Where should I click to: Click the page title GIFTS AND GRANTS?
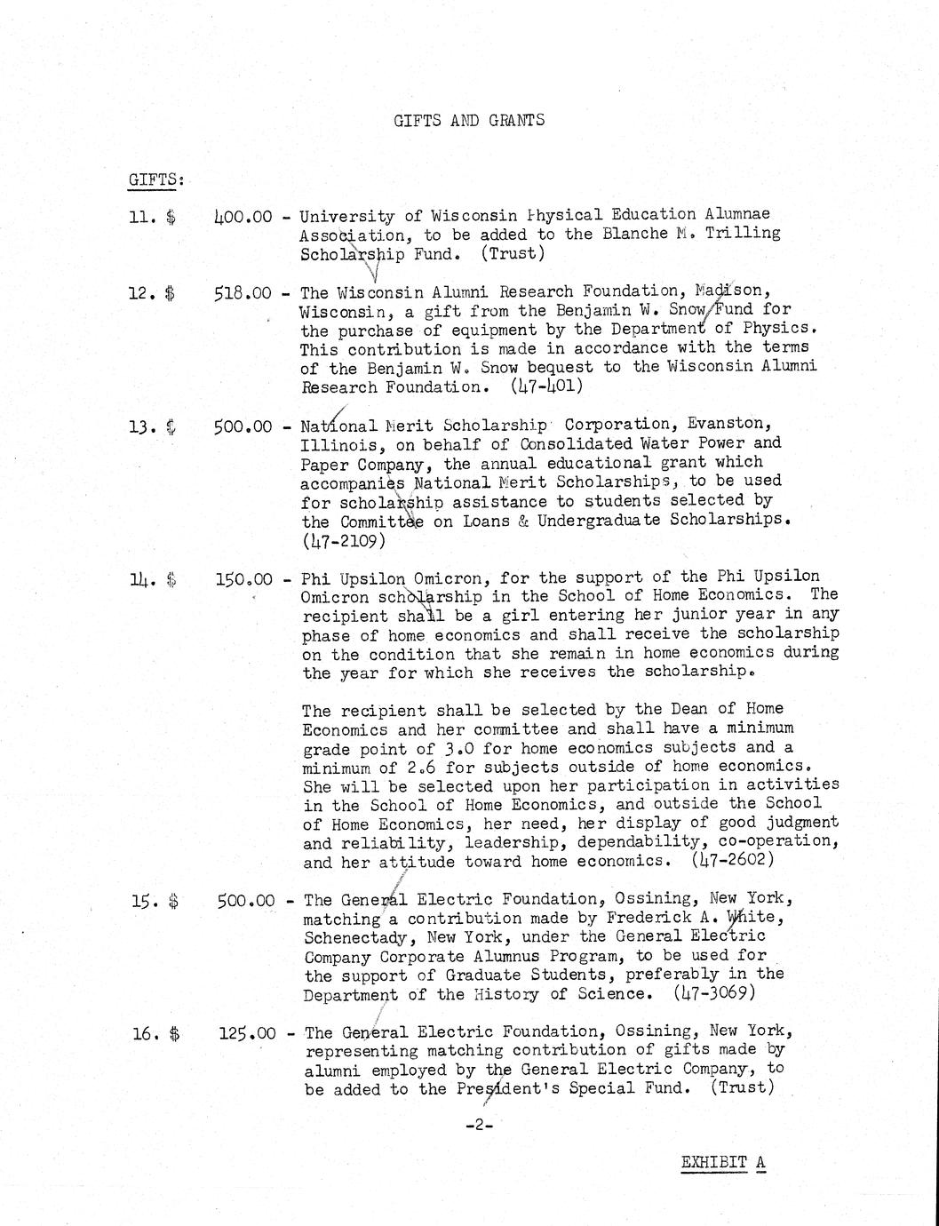pos(469,120)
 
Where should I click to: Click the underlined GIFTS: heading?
pos(156,179)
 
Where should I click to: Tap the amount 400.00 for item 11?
pos(243,215)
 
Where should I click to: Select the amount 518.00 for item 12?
pos(243,292)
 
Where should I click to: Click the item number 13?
pos(142,426)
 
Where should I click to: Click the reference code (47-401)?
pos(547,386)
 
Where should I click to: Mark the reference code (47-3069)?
pos(714,993)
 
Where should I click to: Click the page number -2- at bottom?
pos(478,1125)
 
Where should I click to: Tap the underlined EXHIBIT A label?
pos(723,1162)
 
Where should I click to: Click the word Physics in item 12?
pos(781,329)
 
